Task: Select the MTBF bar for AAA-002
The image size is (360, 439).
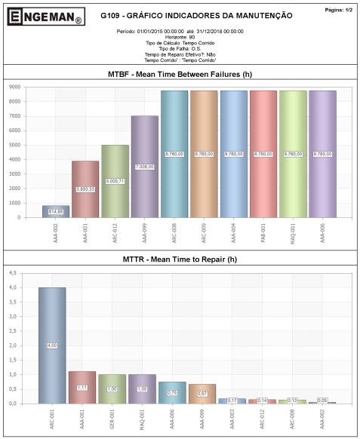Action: pos(56,211)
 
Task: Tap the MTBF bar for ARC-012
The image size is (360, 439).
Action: pos(115,181)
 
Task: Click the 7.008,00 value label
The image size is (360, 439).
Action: pos(144,167)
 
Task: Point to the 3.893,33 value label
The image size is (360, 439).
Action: pos(85,189)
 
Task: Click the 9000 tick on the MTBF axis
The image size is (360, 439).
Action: pos(14,87)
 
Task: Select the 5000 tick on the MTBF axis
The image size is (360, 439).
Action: pos(14,145)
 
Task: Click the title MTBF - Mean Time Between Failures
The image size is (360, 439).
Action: pos(180,74)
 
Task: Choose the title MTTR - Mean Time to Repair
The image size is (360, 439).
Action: pos(180,259)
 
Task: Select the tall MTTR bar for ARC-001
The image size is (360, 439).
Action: pos(52,345)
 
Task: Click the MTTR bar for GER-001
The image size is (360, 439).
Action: pos(112,388)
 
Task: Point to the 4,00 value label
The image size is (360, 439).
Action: pos(52,345)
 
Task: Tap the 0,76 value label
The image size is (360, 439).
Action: pos(171,392)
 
